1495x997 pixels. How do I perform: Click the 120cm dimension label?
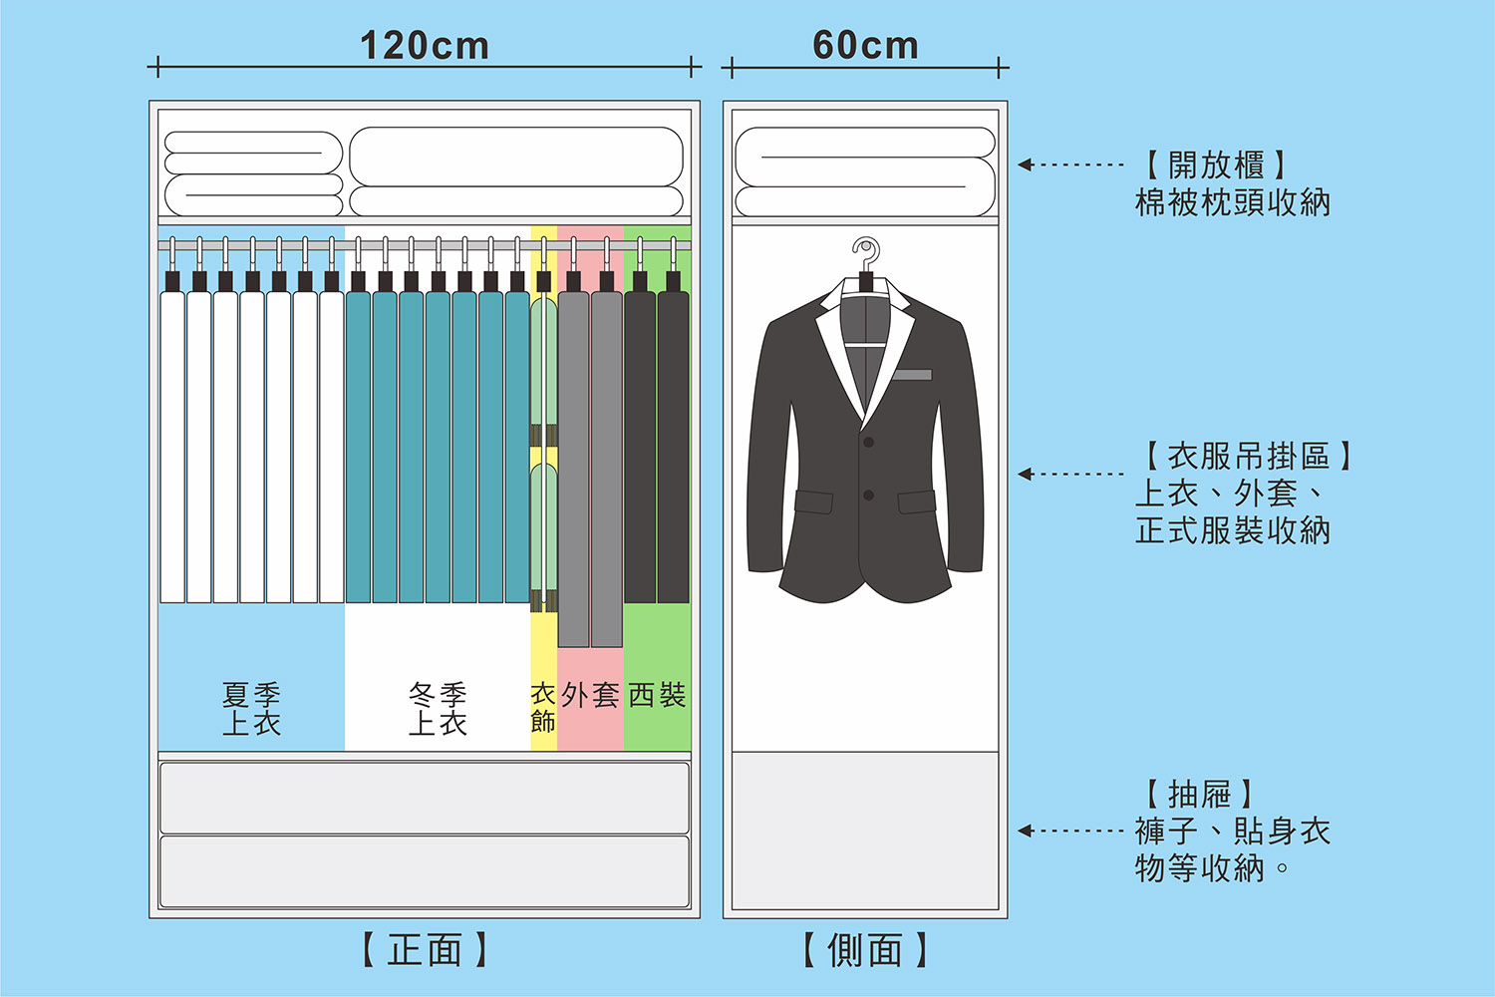pyautogui.click(x=425, y=46)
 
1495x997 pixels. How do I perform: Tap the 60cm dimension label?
pyautogui.click(x=865, y=46)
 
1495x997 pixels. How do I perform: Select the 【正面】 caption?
pyautogui.click(x=425, y=950)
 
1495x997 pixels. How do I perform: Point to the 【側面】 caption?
pyautogui.click(x=865, y=950)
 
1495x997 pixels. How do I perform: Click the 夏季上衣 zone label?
pyautogui.click(x=251, y=709)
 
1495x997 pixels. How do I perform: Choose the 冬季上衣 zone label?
pyautogui.click(x=438, y=709)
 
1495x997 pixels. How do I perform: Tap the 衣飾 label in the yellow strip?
pyautogui.click(x=543, y=707)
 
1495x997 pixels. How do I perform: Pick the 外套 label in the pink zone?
pyautogui.click(x=590, y=695)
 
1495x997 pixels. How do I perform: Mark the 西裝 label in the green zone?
pyautogui.click(x=657, y=695)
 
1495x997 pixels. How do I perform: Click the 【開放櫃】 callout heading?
pyautogui.click(x=1216, y=166)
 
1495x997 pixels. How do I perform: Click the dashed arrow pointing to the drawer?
pyautogui.click(x=1071, y=831)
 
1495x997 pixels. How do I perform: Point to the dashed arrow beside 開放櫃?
pyautogui.click(x=1071, y=165)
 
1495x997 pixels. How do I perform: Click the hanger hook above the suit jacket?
pyautogui.click(x=866, y=253)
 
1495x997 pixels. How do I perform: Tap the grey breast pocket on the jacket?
pyautogui.click(x=912, y=375)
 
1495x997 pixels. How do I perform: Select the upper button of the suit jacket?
pyautogui.click(x=869, y=442)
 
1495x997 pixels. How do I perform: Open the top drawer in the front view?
pyautogui.click(x=425, y=798)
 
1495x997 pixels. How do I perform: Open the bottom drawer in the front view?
pyautogui.click(x=425, y=872)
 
